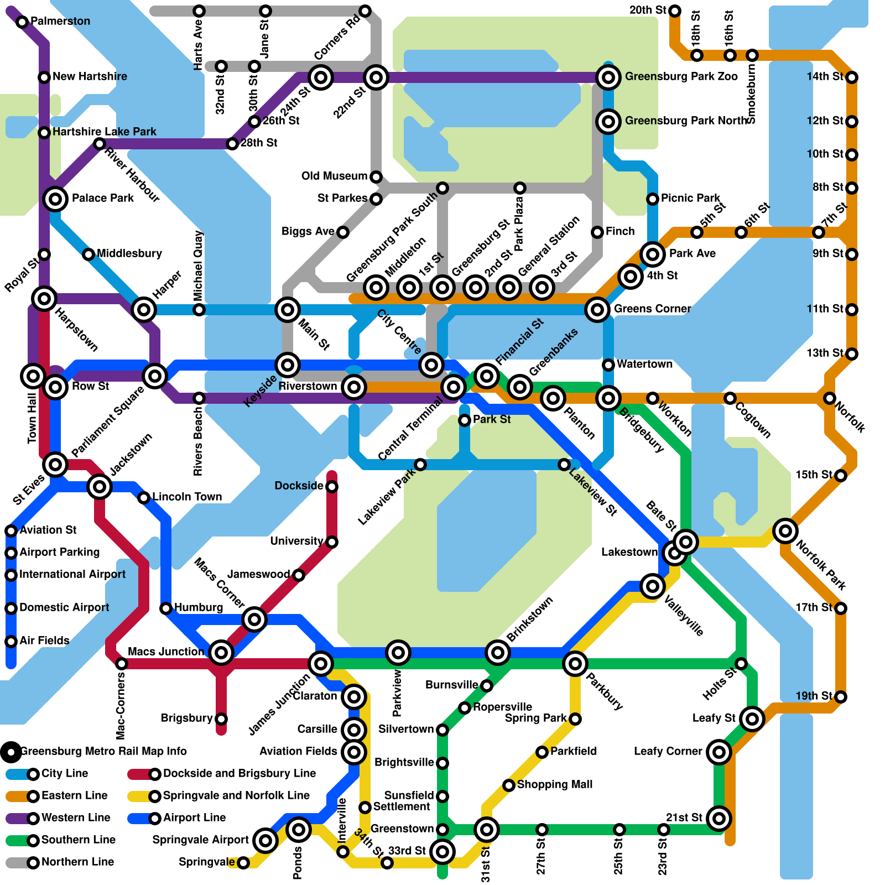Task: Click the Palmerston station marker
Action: point(22,22)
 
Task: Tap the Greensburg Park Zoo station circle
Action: point(608,77)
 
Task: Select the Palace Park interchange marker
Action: point(55,199)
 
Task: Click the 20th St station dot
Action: point(675,11)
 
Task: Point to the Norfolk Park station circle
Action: point(785,531)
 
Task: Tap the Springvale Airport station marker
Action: point(265,840)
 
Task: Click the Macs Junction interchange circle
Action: point(221,653)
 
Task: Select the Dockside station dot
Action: point(332,487)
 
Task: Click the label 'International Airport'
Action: point(72,575)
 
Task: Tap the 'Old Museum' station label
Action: point(334,176)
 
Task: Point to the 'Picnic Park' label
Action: point(690,198)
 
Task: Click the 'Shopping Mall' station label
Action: point(554,785)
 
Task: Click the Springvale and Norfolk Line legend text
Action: point(236,795)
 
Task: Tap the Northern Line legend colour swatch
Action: point(17,862)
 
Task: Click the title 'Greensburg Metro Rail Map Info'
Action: point(103,751)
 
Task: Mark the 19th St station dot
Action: point(841,697)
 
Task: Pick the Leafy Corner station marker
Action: point(719,752)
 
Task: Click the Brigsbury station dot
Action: point(221,719)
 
